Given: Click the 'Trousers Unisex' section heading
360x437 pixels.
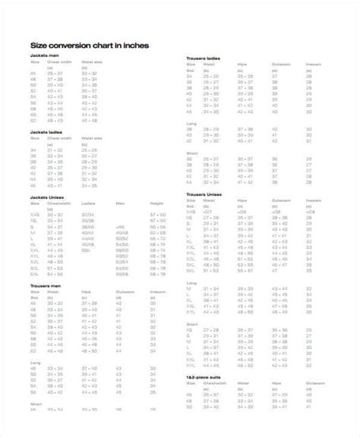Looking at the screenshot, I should point(204,194).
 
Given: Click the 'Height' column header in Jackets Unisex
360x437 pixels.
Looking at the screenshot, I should point(156,203).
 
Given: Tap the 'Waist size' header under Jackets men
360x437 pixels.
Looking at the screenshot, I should point(91,63).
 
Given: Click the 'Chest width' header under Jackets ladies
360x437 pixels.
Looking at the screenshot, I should point(59,139).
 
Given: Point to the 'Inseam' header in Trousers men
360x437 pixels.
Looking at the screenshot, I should point(157,292).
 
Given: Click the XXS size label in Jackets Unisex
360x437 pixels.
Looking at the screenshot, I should point(34,215).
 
